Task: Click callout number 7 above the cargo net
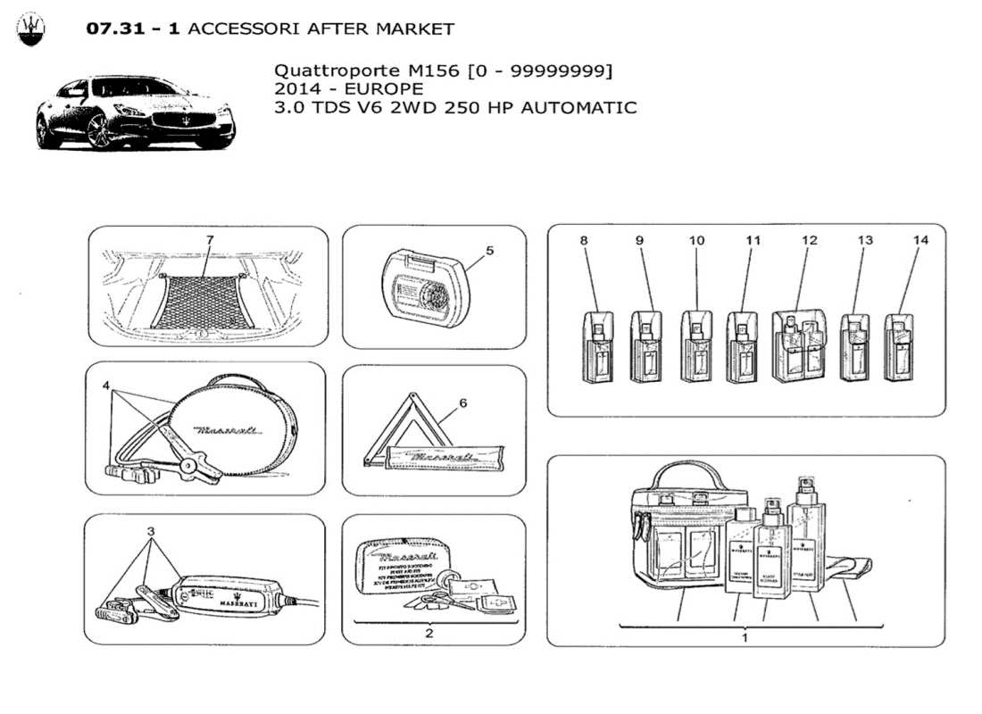click(209, 240)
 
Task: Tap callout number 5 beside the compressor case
click(490, 251)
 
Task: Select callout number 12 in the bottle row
click(809, 240)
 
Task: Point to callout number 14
click(921, 240)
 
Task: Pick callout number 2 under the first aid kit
click(429, 634)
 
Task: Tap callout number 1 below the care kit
click(744, 638)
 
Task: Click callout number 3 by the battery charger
click(151, 531)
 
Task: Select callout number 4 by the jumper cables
click(105, 386)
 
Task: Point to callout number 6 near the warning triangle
click(462, 403)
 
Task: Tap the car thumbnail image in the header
click(135, 113)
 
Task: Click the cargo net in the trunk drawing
click(198, 301)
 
